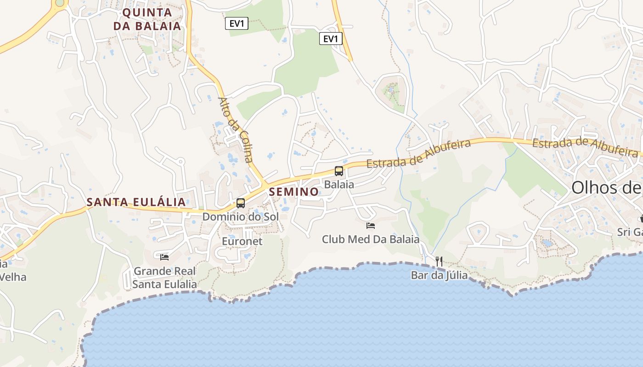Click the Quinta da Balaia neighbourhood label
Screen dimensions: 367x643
[x=147, y=19]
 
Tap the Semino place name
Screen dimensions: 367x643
[x=294, y=192]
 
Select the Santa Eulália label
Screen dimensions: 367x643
[x=136, y=202]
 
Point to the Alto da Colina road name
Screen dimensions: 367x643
[x=236, y=129]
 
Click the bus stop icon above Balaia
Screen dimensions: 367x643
[x=339, y=171]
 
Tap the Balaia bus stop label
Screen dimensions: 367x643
[x=339, y=184]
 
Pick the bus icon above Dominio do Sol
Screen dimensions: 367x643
[x=241, y=203]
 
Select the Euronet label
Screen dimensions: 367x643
[x=242, y=241]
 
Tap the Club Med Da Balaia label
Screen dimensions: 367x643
[x=370, y=239]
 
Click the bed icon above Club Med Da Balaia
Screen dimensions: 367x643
[x=371, y=225]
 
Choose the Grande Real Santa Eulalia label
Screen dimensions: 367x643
[x=164, y=278]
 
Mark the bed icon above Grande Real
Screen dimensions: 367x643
[x=164, y=257]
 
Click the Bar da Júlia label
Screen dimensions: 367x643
[x=439, y=275]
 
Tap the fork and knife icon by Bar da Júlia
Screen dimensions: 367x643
[x=439, y=261]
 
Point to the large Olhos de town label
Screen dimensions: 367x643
[x=606, y=188]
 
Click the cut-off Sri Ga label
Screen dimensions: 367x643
[x=630, y=232]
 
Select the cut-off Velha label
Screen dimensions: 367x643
[x=13, y=277]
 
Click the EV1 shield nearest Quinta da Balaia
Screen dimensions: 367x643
[x=237, y=23]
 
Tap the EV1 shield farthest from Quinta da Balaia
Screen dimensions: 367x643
[x=330, y=39]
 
